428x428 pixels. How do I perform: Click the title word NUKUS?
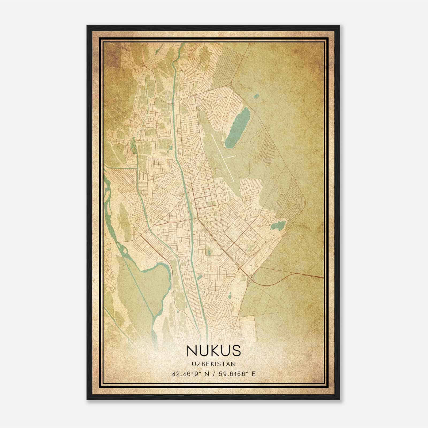tap(214, 351)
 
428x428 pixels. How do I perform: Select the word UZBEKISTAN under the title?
tap(214, 364)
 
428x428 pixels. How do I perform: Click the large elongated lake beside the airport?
tap(237, 128)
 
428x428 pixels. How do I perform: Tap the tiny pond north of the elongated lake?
tap(256, 95)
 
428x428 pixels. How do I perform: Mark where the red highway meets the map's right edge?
tap(323, 277)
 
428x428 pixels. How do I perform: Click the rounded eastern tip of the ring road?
tap(304, 200)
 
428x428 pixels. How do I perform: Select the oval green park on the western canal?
tap(134, 146)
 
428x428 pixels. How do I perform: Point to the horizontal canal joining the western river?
tap(120, 168)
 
